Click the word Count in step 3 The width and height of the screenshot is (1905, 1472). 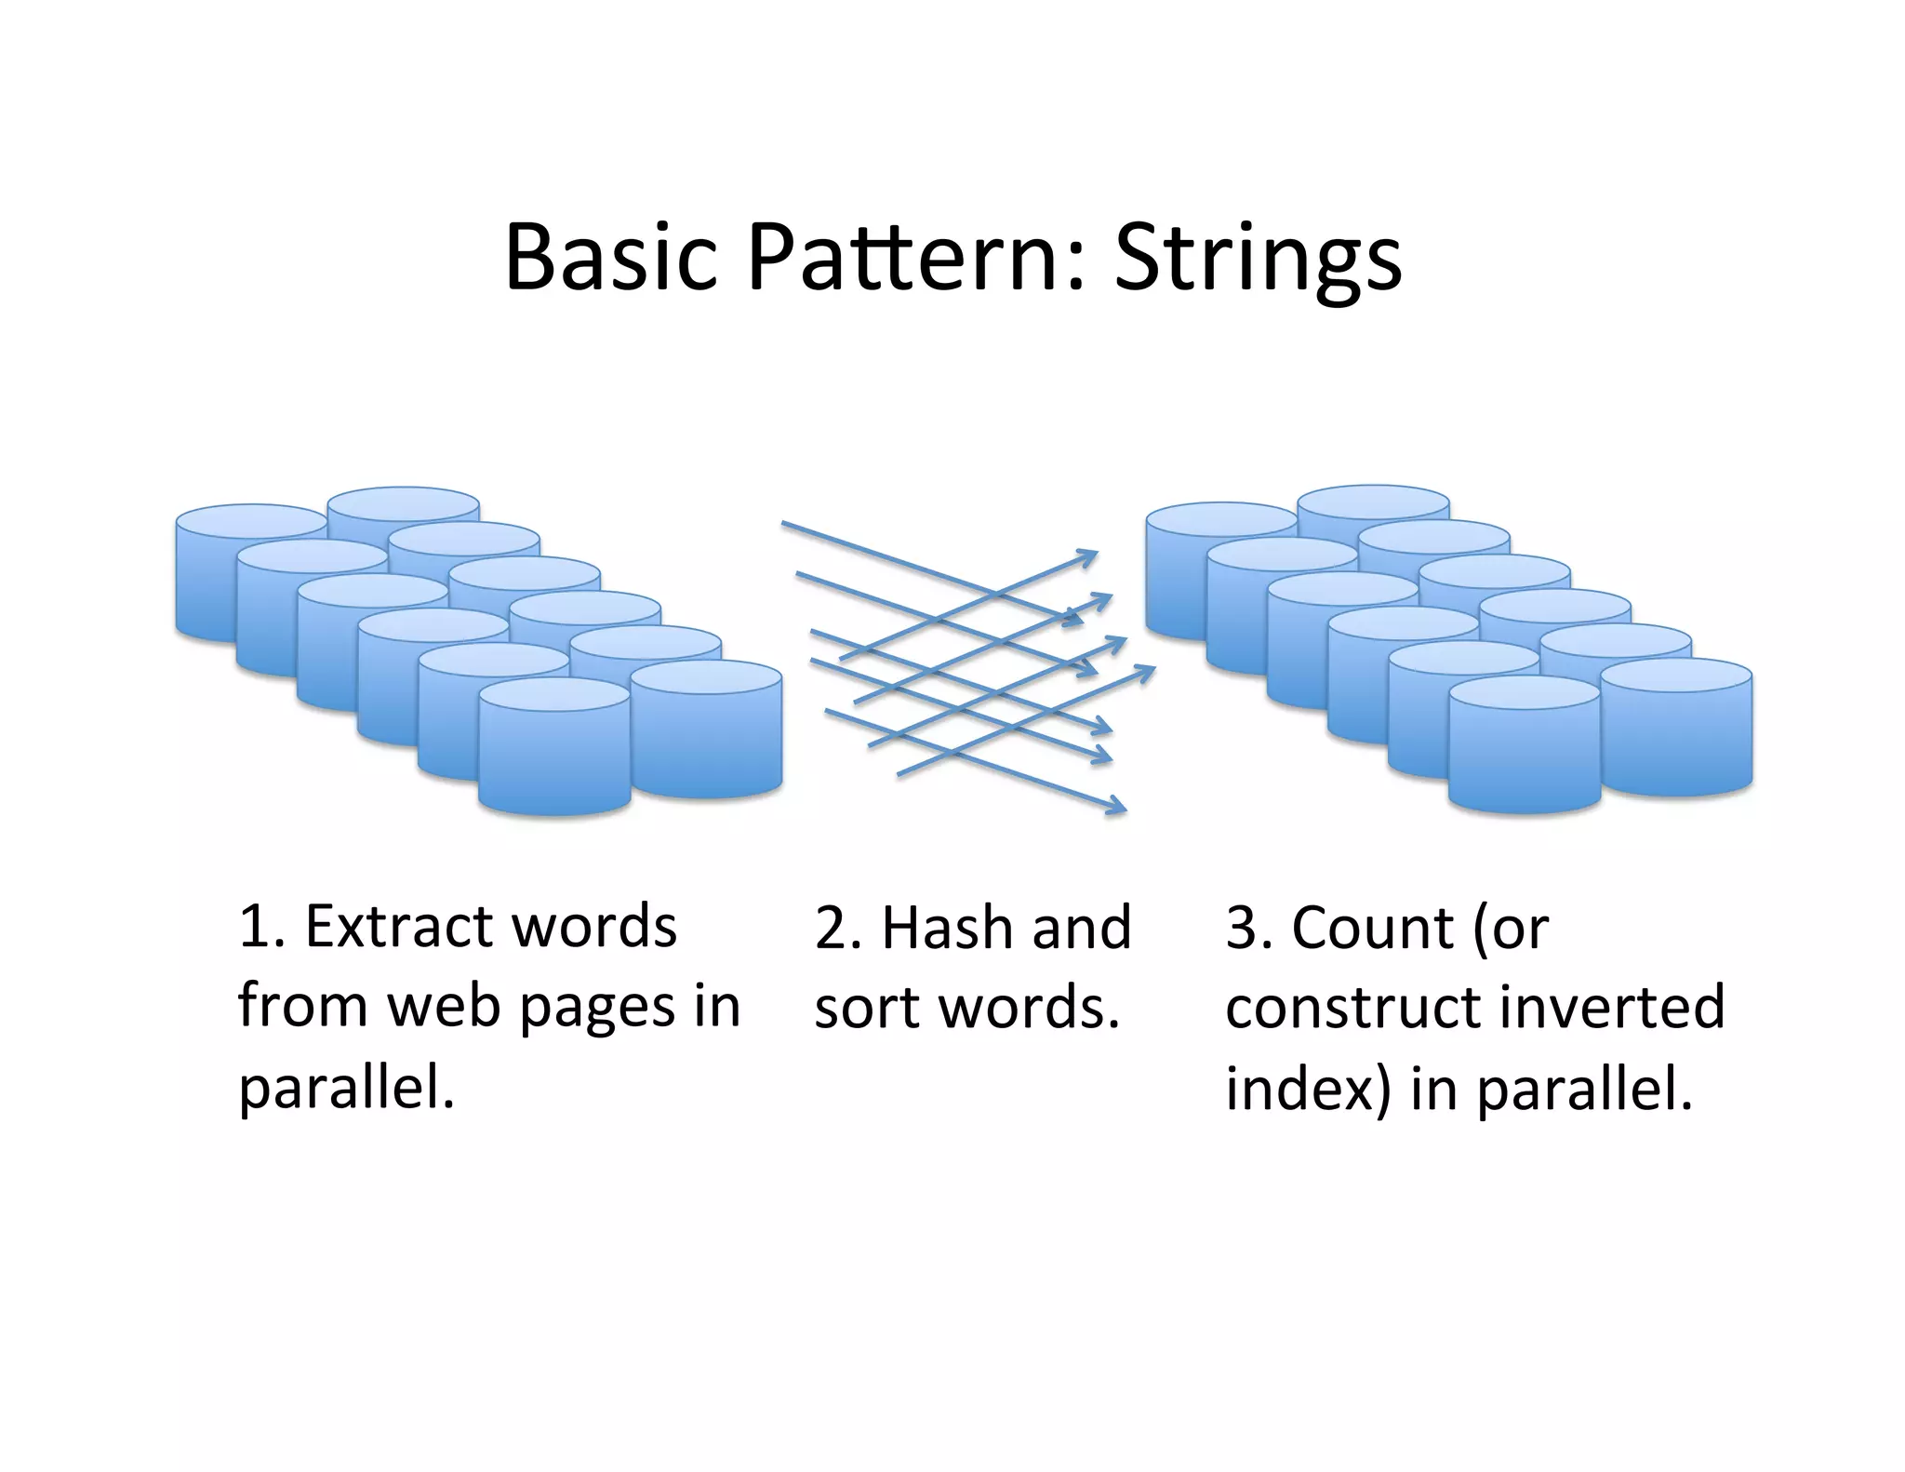(x=1372, y=928)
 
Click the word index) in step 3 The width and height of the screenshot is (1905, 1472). (x=1308, y=1088)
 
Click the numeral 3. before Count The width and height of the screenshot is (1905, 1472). (x=1246, y=928)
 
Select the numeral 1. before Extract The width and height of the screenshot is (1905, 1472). (x=260, y=928)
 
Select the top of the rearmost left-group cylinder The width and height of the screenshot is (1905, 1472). (x=403, y=502)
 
